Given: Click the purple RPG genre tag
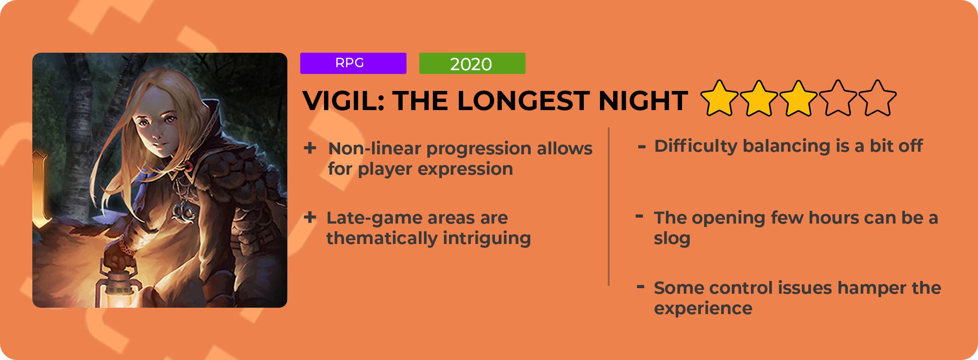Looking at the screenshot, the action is (353, 63).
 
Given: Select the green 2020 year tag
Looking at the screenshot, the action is (472, 63).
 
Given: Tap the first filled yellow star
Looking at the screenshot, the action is (719, 98).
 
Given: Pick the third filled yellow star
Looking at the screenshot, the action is (798, 98).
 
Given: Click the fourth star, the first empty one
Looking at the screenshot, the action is (838, 98).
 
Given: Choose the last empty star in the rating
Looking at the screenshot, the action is (877, 98).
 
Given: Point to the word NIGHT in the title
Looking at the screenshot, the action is (643, 101).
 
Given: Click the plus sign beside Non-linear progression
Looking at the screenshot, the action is (310, 148).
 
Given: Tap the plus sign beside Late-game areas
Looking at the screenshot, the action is (310, 217).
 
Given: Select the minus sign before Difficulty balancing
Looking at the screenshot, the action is (642, 147).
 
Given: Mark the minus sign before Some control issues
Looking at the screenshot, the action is (640, 286).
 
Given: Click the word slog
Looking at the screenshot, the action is (672, 239).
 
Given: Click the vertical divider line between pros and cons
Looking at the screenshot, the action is (609, 206).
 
